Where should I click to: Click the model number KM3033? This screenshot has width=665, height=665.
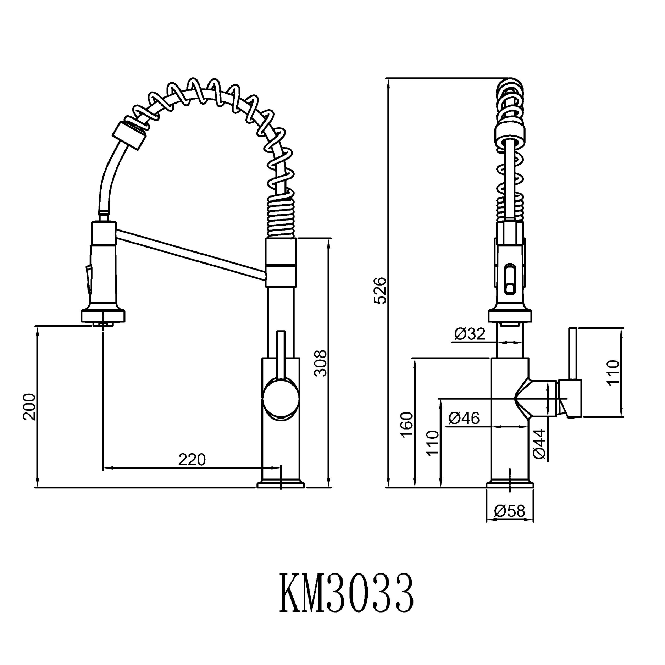tap(347, 593)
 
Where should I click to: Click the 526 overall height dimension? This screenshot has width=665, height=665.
tap(381, 291)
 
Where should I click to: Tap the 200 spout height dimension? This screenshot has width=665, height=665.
tap(29, 407)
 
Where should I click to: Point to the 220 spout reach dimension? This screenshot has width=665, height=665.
tap(192, 460)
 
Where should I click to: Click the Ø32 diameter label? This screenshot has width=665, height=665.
tap(469, 334)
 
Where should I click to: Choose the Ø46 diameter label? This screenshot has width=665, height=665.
tap(464, 419)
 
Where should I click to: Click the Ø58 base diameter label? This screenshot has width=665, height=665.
tap(510, 511)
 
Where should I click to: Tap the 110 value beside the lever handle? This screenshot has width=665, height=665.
tap(613, 372)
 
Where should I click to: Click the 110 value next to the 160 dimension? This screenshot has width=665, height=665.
tap(433, 443)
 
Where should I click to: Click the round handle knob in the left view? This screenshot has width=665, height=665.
tap(280, 399)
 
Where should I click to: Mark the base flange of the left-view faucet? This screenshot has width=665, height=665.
tap(281, 484)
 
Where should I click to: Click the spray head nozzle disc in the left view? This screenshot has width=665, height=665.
tap(103, 315)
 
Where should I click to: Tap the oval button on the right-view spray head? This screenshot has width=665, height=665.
tap(510, 279)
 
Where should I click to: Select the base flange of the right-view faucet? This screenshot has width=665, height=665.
tap(510, 484)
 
